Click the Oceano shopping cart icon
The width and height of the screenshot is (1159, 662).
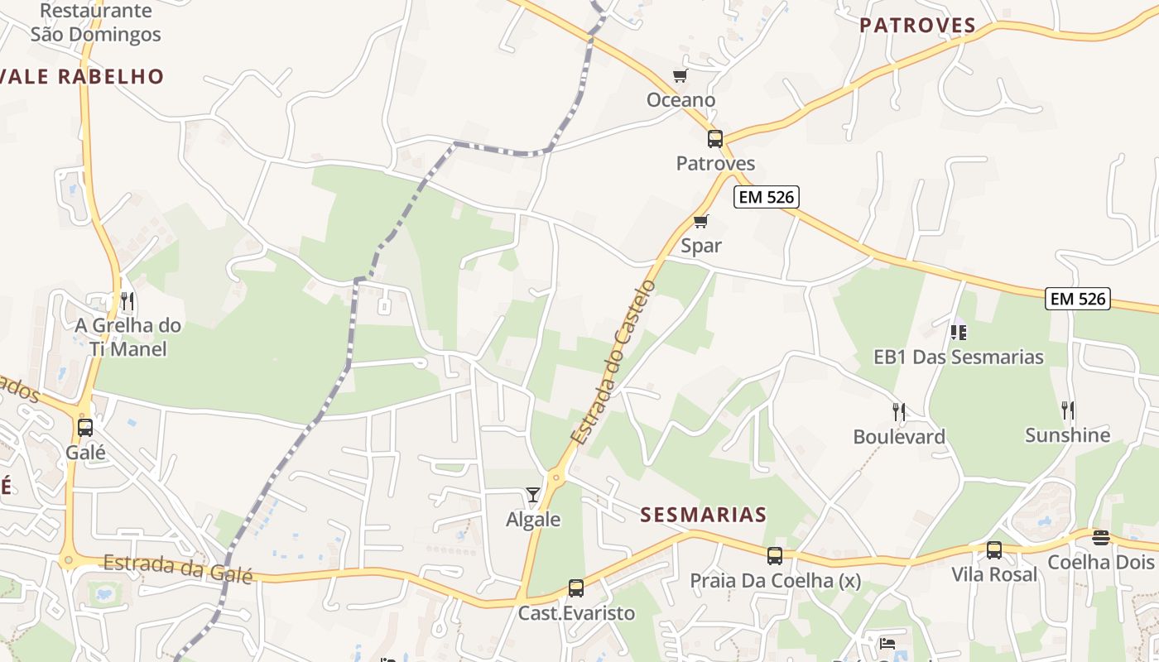(680, 76)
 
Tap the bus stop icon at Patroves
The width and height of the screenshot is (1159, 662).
(715, 139)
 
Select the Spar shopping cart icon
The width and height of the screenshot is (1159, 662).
(701, 221)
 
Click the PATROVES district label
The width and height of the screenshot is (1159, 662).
(917, 26)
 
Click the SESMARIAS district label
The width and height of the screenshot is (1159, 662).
(704, 515)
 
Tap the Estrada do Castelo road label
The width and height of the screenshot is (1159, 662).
(613, 362)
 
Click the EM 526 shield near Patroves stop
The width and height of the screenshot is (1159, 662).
(766, 197)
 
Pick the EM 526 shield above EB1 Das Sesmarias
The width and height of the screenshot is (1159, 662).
(1077, 299)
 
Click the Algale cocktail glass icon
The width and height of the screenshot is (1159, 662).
(533, 495)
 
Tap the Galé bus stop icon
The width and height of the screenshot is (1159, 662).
(85, 428)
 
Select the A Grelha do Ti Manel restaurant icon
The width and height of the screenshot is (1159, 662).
(127, 300)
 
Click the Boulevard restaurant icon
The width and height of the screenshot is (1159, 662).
(899, 411)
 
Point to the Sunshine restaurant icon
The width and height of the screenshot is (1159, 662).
(1068, 410)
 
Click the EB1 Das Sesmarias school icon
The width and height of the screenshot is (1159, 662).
(959, 332)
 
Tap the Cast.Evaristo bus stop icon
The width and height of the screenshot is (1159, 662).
(576, 588)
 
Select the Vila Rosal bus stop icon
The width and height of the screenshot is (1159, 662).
(994, 550)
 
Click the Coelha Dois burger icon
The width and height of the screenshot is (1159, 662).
(1100, 538)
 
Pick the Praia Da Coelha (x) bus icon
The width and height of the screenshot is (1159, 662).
(775, 556)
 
